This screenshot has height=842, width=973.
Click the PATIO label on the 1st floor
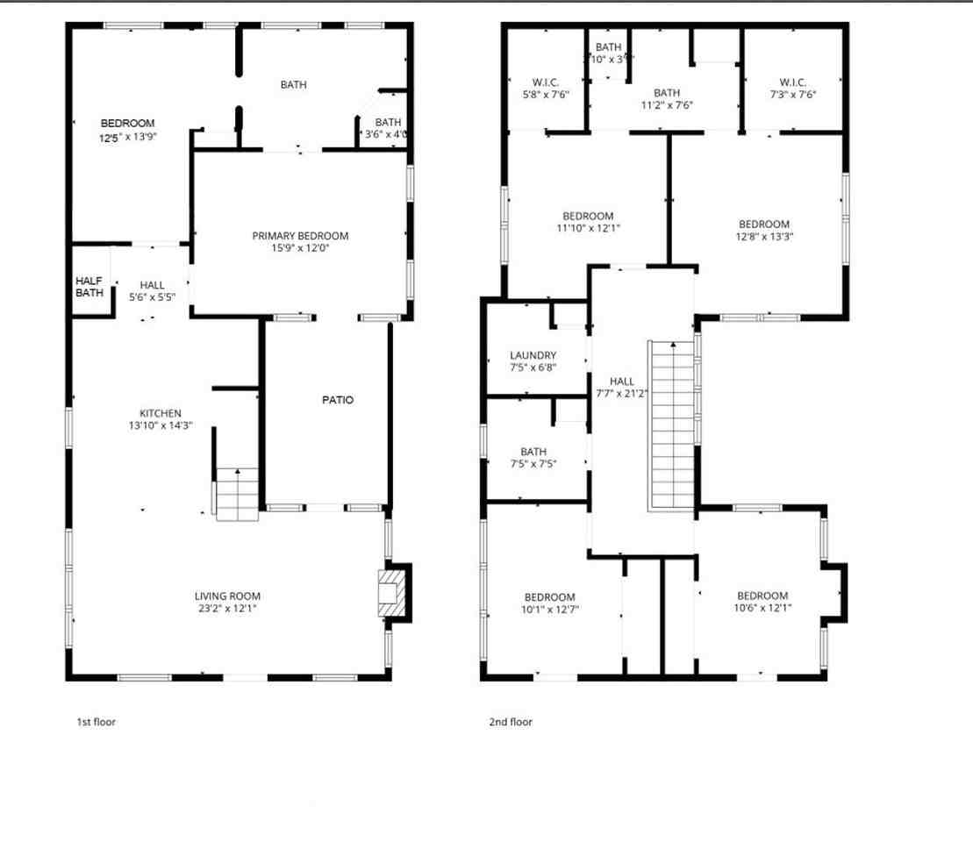pos(338,400)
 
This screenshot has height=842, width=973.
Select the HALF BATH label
pos(89,287)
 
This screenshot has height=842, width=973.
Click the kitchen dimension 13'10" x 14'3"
pos(161,425)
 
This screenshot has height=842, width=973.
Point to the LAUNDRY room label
pos(533,355)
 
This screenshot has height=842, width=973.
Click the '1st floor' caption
pos(97,722)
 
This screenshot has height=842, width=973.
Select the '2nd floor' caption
pos(511,722)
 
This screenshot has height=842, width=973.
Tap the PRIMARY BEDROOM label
pos(300,236)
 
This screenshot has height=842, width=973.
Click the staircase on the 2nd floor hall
pos(672,425)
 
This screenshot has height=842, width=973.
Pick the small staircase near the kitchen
pos(238,495)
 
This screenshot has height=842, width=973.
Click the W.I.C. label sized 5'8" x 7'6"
pos(546,94)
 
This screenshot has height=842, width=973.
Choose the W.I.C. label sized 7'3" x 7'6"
pos(793,94)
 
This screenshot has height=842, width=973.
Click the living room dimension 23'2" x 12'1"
pos(227,608)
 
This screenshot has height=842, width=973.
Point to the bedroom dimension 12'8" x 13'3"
pos(764,236)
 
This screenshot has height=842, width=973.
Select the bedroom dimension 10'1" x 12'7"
pos(550,609)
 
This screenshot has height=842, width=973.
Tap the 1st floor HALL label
pos(152,285)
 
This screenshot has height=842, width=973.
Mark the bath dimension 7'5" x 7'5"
pos(533,464)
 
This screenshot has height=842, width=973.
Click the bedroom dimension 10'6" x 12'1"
pos(762,607)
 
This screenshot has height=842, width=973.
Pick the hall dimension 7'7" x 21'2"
pos(622,393)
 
